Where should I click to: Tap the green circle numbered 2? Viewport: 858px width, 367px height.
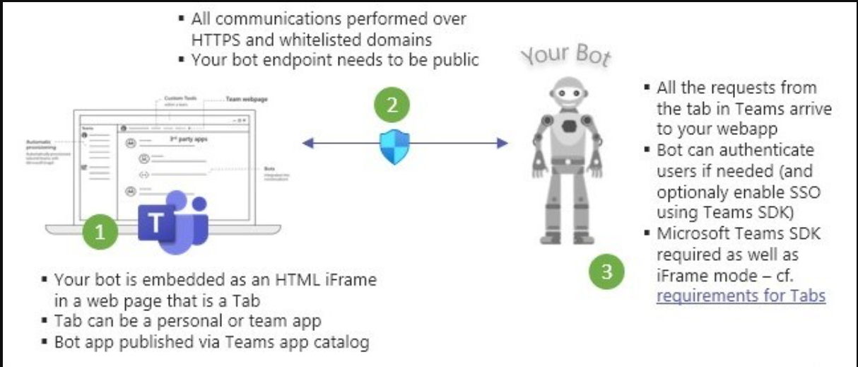click(396, 106)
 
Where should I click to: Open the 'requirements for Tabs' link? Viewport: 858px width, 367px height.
click(741, 295)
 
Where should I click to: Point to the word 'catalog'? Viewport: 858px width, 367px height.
click(344, 342)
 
